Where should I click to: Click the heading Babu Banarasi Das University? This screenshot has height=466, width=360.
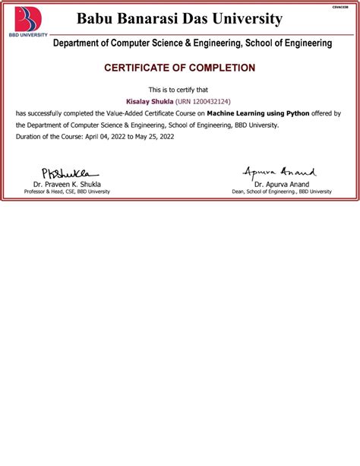(x=179, y=19)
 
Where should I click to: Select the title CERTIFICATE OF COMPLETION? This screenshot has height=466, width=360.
(x=179, y=68)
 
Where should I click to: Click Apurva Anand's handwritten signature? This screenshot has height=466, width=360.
(x=279, y=173)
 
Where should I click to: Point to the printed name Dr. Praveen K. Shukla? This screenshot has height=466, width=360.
(x=67, y=185)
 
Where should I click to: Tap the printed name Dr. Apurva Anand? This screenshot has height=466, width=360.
(x=281, y=185)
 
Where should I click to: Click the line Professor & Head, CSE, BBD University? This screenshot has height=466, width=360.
(x=67, y=192)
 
